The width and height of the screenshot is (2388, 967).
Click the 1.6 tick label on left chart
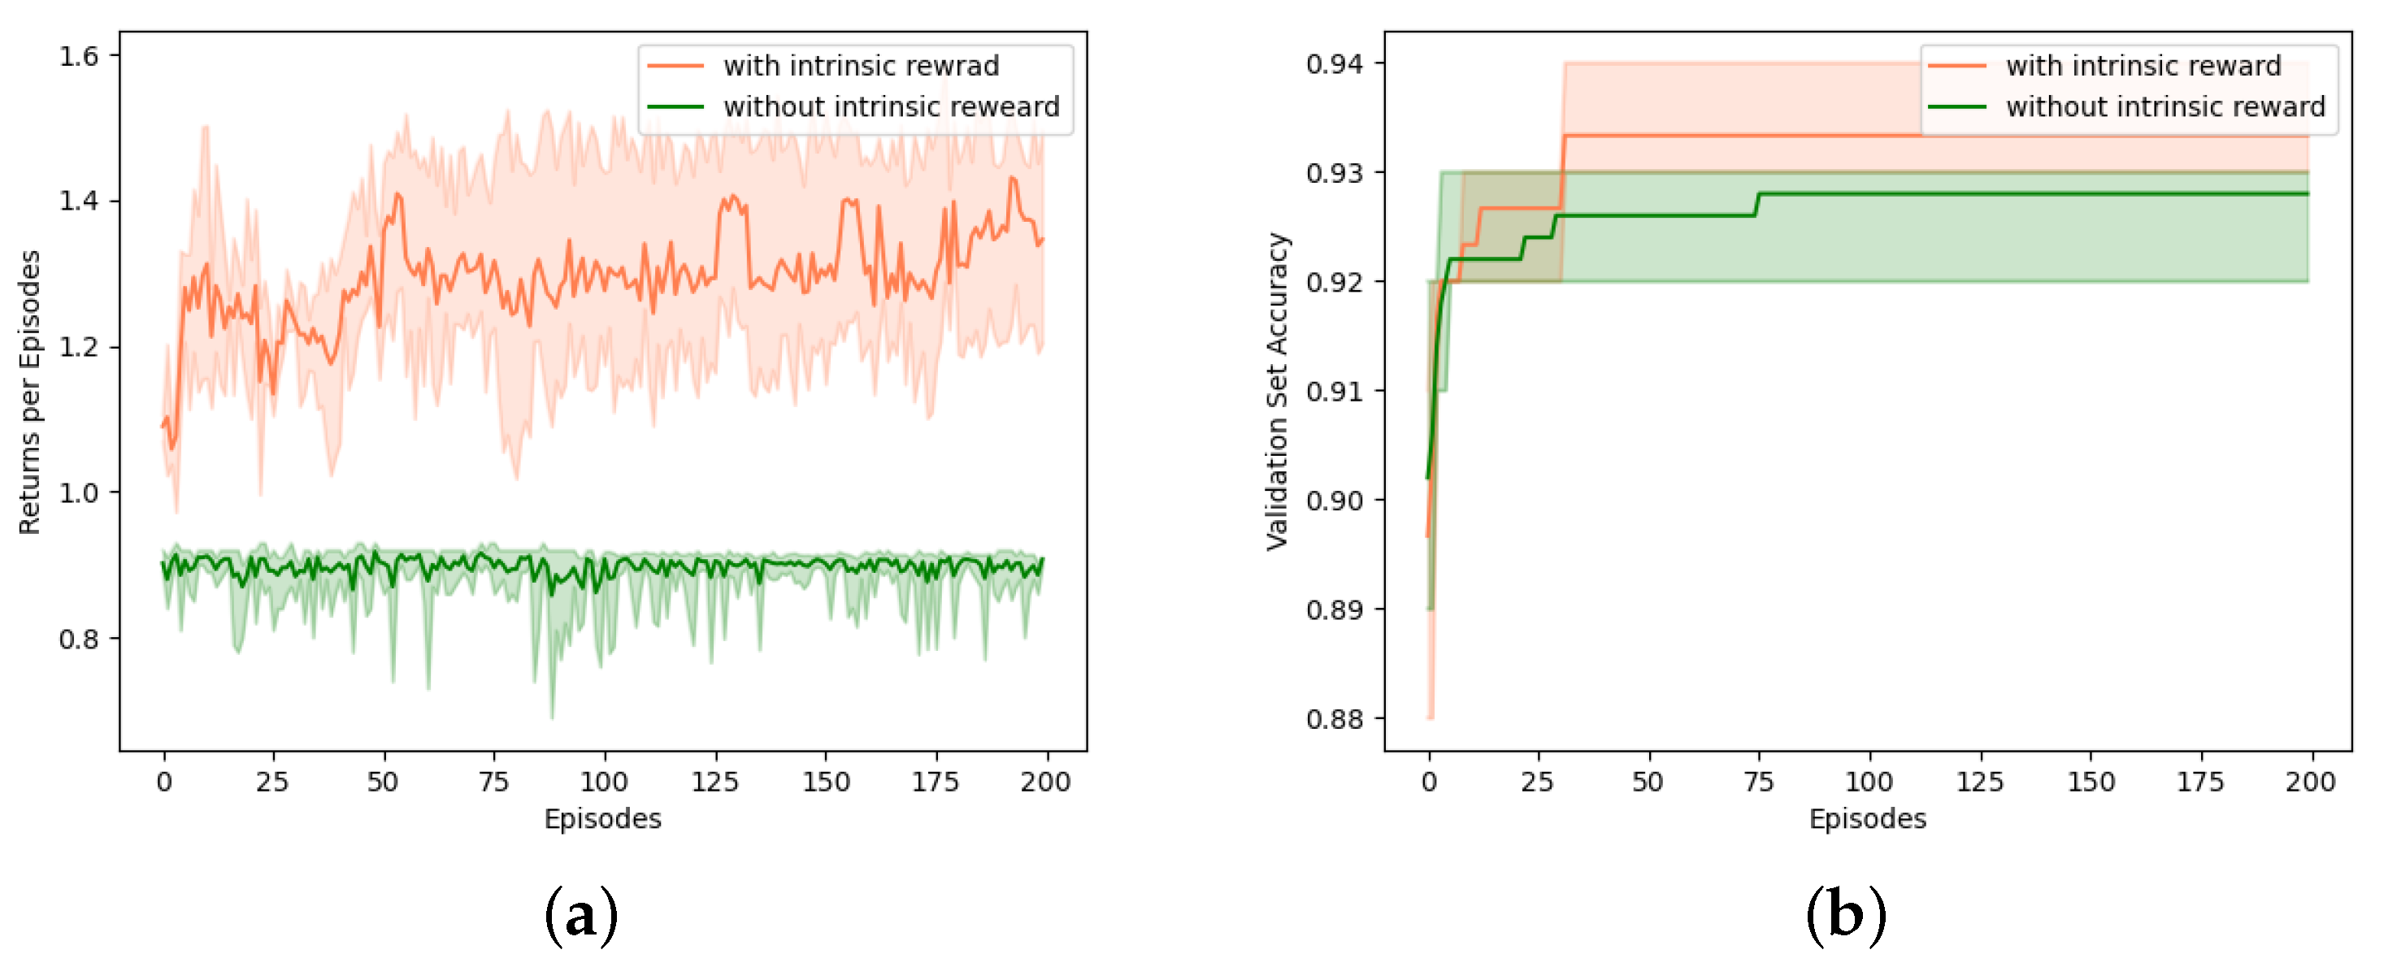coord(78,57)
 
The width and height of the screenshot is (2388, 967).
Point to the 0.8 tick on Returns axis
coord(78,639)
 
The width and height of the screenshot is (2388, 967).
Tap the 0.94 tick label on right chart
coord(1334,64)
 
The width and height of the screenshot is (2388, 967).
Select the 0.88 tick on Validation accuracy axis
coord(1334,718)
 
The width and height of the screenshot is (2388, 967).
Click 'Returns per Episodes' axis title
coord(29,392)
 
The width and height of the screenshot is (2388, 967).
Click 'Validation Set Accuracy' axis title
coord(1278,392)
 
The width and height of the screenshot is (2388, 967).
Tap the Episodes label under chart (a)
coord(602,818)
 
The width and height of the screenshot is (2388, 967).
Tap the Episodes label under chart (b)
coord(1867,818)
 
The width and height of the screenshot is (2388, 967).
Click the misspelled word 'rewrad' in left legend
coord(957,66)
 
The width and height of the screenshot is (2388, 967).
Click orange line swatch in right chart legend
coord(1956,66)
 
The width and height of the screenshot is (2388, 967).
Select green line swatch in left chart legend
coord(675,106)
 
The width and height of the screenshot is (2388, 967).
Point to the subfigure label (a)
coord(581,916)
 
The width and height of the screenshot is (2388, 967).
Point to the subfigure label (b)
coord(1845,916)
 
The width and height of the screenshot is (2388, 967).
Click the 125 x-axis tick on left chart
coord(714,783)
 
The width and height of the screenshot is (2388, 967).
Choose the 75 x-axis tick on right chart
coord(1759,783)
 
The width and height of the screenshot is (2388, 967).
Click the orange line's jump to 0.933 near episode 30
coord(1563,171)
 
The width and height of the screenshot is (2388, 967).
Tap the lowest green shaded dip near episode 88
coord(553,716)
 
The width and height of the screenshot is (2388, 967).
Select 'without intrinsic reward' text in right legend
coord(2165,106)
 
